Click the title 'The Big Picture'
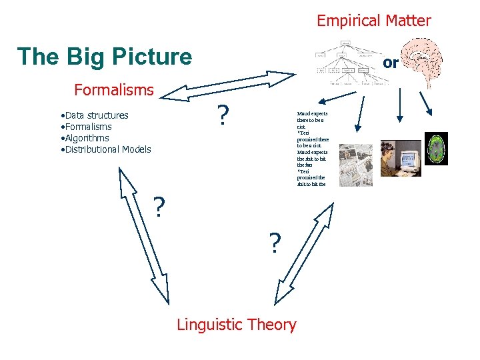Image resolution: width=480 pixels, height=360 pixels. pos(104,57)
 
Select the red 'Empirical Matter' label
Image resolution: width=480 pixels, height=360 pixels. pos(373,21)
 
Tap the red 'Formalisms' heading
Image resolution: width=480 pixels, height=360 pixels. pos(113,89)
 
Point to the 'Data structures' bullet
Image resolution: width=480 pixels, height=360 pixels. pos(93,115)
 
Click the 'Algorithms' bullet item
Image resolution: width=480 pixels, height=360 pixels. pos(84,138)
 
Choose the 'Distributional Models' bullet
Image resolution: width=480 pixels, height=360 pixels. pos(105,149)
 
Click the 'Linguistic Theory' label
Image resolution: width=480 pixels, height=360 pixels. pos(236,325)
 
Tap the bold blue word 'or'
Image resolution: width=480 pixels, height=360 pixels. pos(391,63)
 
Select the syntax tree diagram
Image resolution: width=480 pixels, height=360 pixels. pos(347,64)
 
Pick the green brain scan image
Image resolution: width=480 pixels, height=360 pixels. pos(437,148)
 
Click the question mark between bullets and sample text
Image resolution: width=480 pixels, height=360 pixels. pos(224,115)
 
